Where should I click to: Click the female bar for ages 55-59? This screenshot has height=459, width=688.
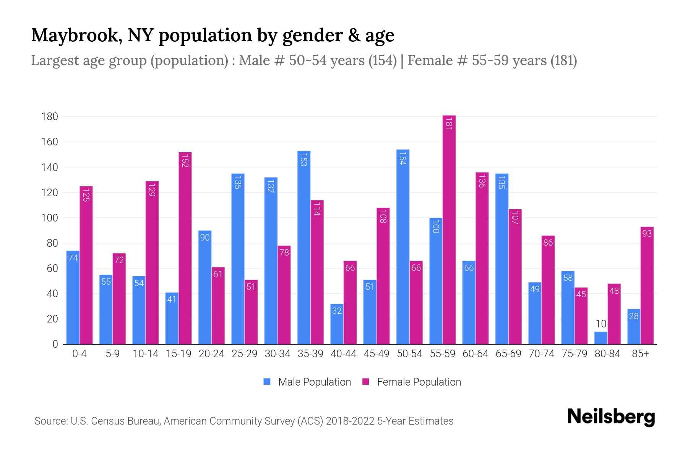click(x=449, y=229)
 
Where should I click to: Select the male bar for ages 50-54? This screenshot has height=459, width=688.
click(x=403, y=247)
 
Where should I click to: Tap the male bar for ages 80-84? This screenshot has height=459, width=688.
click(x=601, y=338)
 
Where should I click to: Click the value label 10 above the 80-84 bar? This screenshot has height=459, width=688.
click(x=601, y=324)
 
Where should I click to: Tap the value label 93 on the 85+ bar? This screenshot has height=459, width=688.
click(x=647, y=233)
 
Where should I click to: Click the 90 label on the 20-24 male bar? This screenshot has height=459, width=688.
click(x=205, y=238)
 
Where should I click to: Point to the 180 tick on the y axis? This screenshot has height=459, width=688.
click(x=50, y=117)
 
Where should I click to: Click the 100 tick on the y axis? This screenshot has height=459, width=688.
click(x=50, y=218)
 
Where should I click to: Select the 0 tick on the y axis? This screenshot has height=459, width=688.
click(x=55, y=344)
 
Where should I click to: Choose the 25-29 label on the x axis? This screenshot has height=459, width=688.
click(x=244, y=354)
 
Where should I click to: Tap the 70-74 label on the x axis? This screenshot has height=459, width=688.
click(x=541, y=354)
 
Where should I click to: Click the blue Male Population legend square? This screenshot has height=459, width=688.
click(x=267, y=382)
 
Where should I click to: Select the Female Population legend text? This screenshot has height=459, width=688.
click(x=419, y=382)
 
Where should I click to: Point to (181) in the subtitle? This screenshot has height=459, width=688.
click(x=563, y=60)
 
